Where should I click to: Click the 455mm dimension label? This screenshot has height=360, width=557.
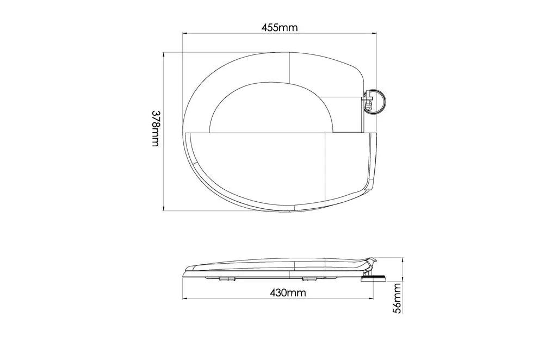[280, 27]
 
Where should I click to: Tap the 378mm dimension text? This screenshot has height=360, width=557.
[156, 128]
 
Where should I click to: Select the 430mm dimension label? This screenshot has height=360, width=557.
[288, 293]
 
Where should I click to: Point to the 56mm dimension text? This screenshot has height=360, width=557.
[398, 298]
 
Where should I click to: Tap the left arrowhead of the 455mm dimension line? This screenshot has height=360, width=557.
[185, 34]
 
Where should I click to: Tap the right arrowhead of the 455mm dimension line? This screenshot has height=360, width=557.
[374, 34]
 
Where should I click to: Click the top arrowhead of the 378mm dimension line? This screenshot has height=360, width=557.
[164, 55]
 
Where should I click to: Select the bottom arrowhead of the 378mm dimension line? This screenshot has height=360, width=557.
[164, 209]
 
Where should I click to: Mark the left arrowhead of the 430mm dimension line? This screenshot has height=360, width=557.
[185, 299]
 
